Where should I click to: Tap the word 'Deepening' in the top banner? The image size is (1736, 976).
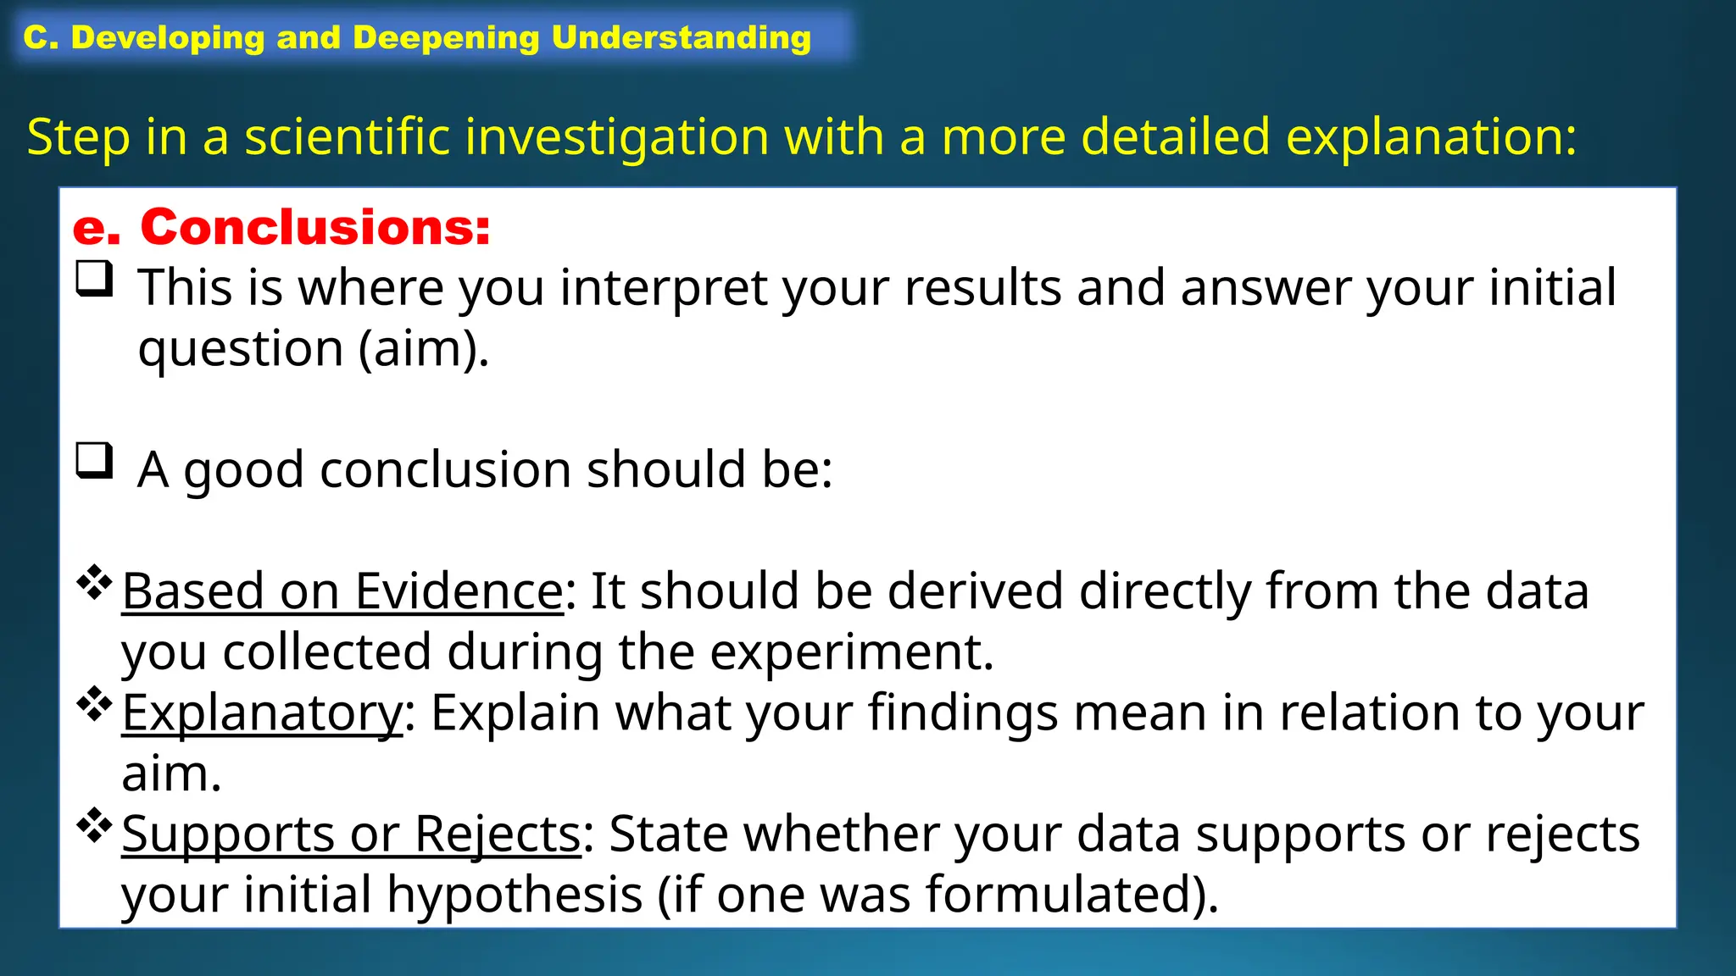[x=445, y=37]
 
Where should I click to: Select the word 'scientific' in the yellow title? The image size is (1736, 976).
[x=348, y=136]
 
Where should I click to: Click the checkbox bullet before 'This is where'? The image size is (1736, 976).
[x=94, y=279]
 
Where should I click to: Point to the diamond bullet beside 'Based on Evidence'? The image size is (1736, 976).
[x=94, y=583]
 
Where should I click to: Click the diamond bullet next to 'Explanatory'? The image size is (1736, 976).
[x=94, y=704]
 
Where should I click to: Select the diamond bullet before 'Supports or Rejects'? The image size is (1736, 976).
[x=94, y=826]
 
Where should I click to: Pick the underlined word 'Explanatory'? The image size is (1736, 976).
[x=262, y=713]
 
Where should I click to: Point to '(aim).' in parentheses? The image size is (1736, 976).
[x=423, y=349]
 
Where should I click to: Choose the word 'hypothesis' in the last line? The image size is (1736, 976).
[x=515, y=895]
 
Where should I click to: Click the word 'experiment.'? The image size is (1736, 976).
[x=851, y=652]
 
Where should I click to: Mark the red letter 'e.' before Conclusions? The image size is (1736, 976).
[x=96, y=228]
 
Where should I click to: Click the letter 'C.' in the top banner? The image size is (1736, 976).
[x=41, y=37]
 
